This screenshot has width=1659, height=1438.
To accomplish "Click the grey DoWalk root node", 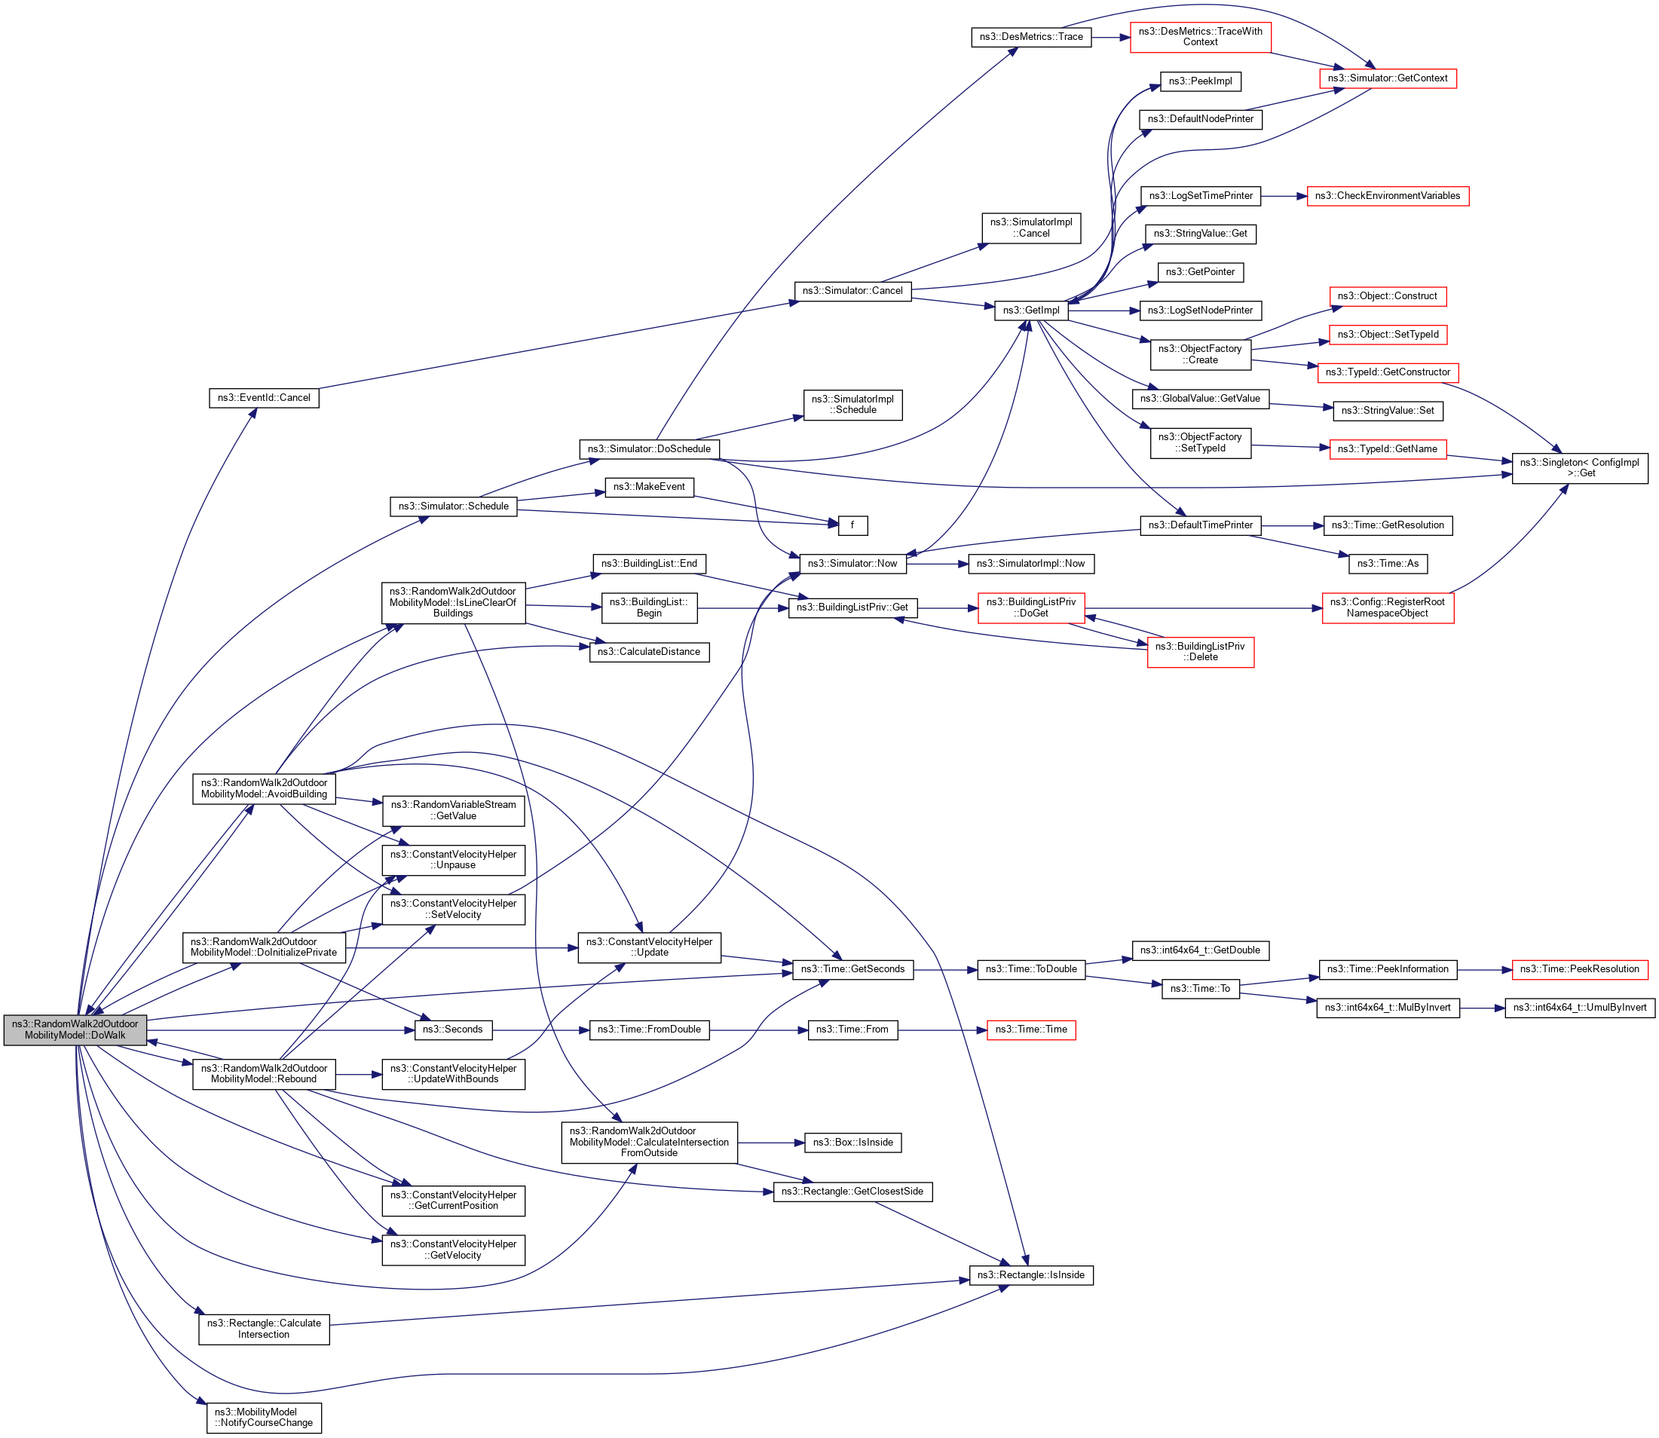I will [75, 1030].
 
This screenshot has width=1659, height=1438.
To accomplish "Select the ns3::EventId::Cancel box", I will [264, 398].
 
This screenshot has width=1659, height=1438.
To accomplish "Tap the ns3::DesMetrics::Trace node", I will [1030, 37].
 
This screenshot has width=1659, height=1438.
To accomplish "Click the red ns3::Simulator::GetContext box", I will [1387, 78].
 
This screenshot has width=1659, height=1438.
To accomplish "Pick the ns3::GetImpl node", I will [1030, 311].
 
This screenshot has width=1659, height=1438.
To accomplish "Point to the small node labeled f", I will [852, 525].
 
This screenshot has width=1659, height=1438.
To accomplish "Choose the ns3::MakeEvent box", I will [648, 487].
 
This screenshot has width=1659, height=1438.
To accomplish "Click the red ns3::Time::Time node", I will [1030, 1030].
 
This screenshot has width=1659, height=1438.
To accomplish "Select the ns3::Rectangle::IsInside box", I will [1030, 1275].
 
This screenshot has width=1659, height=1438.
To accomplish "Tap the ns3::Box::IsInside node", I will [852, 1143].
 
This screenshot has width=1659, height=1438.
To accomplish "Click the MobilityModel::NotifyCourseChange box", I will [264, 1417].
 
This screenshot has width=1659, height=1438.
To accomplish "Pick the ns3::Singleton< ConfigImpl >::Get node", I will [1580, 468].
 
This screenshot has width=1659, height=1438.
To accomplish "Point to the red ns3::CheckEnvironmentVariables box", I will [1387, 196].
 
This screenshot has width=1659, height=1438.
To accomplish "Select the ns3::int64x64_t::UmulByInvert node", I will [1579, 1008].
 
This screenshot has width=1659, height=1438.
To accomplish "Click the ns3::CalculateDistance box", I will [648, 652].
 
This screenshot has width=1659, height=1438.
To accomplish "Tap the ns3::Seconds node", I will [453, 1030].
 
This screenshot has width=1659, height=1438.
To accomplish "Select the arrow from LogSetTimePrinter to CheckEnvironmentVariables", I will [1284, 196].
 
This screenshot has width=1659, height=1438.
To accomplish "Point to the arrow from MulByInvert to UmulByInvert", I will [1482, 1008].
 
